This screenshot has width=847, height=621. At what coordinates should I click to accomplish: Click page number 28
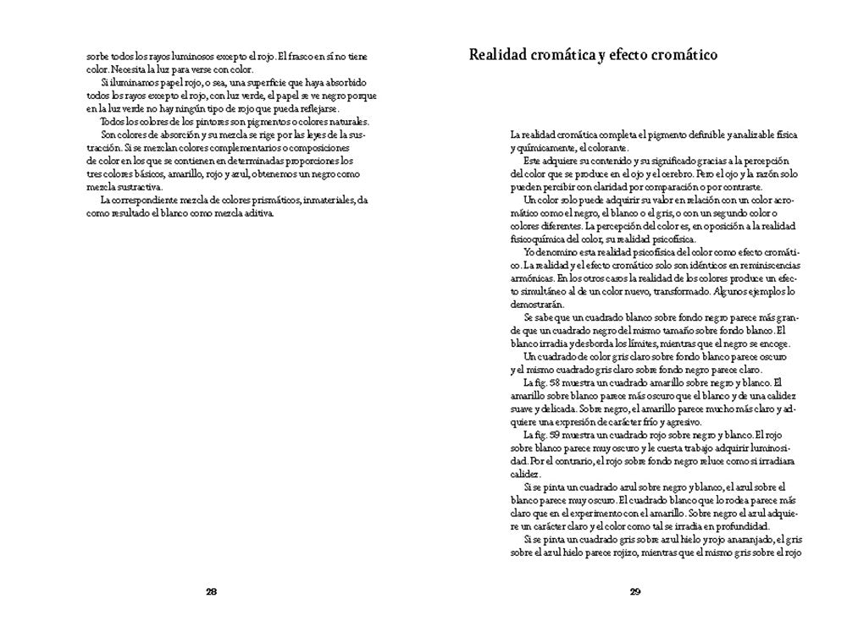[x=212, y=591]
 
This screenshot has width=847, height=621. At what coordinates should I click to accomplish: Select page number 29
[x=635, y=591]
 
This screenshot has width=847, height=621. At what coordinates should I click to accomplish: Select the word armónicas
[x=532, y=278]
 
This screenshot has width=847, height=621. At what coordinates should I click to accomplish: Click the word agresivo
[x=680, y=420]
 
